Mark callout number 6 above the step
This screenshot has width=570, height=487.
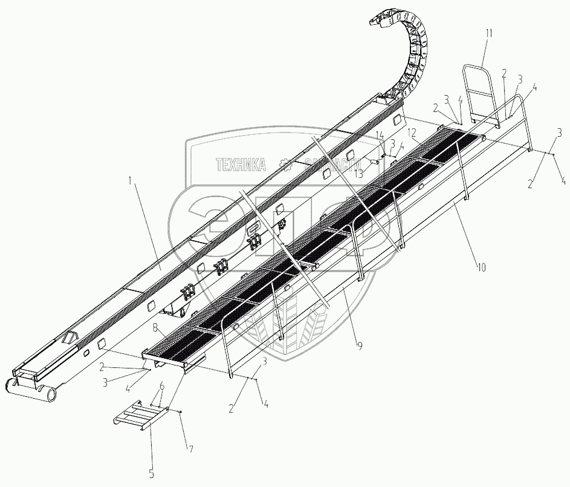(161, 386)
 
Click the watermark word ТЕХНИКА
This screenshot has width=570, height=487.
(241, 163)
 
